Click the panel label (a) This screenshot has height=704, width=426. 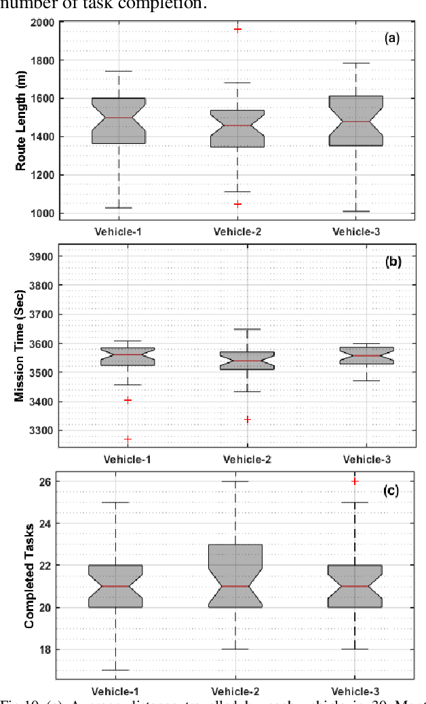coord(392,39)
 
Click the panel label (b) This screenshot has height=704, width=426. coord(393,261)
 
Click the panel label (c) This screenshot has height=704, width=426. coord(392,490)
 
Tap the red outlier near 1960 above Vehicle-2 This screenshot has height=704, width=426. coord(237,30)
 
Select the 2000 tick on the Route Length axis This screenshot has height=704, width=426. coord(43,22)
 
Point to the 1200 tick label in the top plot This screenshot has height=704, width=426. coord(43,175)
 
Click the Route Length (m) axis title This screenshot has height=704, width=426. coord(20,119)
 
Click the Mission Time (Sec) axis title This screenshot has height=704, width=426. coord(20,346)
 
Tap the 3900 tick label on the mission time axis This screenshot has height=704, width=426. coord(43,257)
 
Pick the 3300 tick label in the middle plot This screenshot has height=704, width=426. coord(43,431)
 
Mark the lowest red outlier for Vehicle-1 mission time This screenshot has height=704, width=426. coord(128,439)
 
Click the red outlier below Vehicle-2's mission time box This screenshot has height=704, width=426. coord(247,419)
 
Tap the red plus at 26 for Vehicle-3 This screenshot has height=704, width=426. coord(354,481)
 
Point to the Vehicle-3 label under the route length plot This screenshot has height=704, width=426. coord(355,231)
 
